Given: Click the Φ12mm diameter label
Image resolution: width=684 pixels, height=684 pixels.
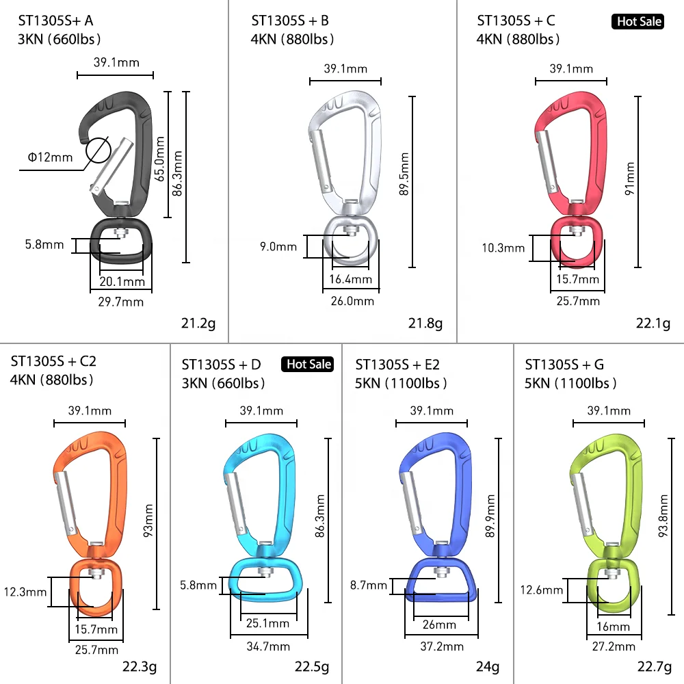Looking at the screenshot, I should (x=50, y=157).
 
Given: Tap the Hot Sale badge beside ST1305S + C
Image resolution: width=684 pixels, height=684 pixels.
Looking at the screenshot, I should (x=637, y=22).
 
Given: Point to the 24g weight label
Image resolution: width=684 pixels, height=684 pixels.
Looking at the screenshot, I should (x=488, y=666).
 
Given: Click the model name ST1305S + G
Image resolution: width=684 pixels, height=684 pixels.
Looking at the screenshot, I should (x=564, y=364).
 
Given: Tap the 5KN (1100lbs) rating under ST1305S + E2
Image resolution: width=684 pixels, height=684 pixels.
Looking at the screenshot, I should (x=401, y=383).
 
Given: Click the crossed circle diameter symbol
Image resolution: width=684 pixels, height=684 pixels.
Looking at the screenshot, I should (x=98, y=150).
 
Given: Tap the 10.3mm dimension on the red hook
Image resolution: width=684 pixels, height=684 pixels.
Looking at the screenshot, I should (x=503, y=248).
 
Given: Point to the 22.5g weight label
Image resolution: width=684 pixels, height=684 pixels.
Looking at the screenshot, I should (x=312, y=666).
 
